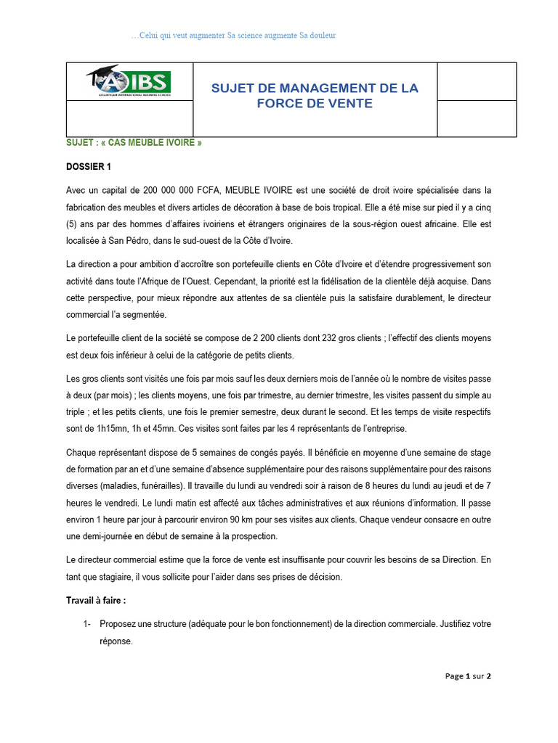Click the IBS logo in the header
click(x=129, y=81)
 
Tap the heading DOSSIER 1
click(x=89, y=167)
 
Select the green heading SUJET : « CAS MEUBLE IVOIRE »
click(x=134, y=143)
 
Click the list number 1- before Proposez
click(x=88, y=625)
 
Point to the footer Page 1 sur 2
click(x=468, y=676)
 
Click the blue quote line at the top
click(x=233, y=36)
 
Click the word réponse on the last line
click(x=116, y=641)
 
